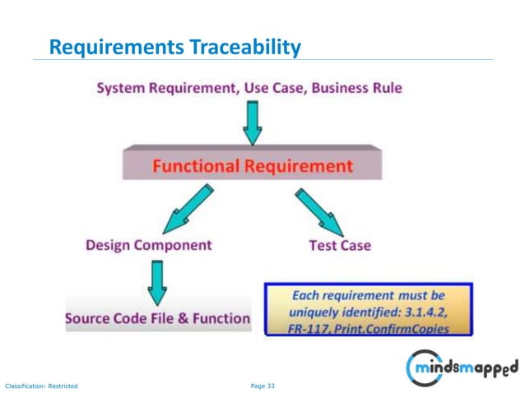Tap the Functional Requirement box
click(252, 165)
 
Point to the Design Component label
click(148, 245)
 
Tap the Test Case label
click(340, 245)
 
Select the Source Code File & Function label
click(158, 318)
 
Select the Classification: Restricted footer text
click(42, 385)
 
